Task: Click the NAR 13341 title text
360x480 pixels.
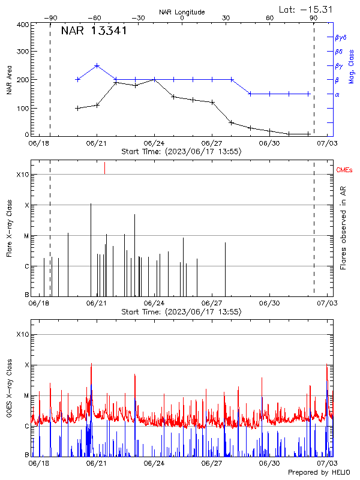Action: tap(94, 31)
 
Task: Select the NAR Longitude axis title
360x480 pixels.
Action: tap(182, 11)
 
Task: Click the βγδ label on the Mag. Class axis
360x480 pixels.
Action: tap(341, 37)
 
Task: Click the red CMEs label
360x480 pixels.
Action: tap(344, 171)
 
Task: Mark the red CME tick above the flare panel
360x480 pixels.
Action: tap(104, 167)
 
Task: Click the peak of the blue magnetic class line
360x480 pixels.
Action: tap(97, 65)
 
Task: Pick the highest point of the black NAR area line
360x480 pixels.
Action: tap(115, 82)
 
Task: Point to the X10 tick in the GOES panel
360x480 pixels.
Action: tap(23, 334)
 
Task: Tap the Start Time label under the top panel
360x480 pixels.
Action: tap(181, 152)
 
